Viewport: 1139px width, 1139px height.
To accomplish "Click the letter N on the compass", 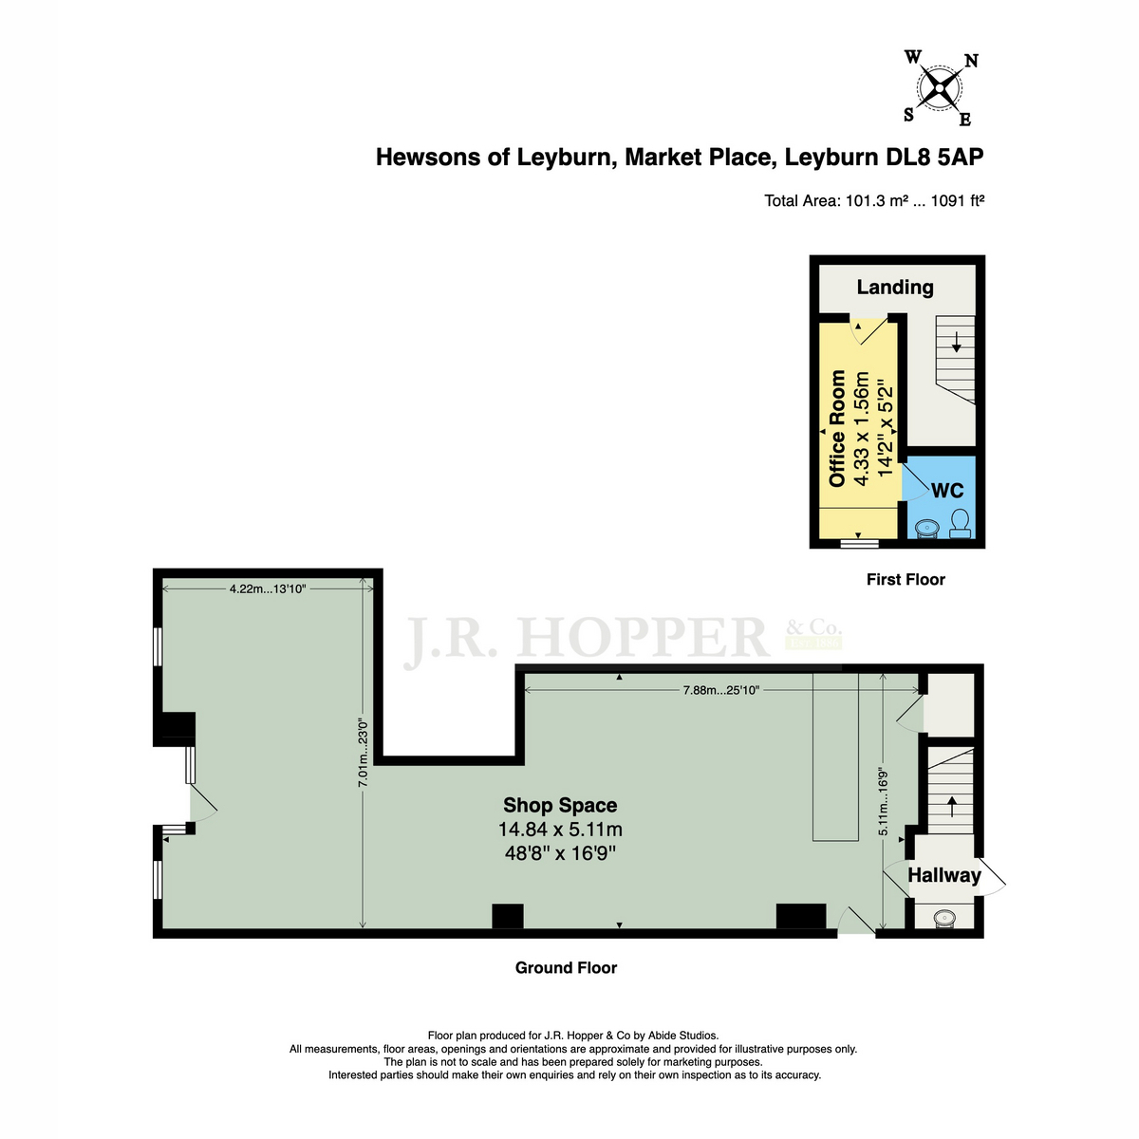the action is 971,61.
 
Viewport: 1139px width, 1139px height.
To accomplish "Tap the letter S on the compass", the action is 909,115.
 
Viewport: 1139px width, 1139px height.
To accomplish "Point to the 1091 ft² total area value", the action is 958,201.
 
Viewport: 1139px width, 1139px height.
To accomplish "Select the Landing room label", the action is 895,288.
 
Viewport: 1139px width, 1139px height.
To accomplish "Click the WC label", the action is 947,490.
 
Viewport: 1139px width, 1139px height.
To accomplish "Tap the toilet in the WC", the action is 960,524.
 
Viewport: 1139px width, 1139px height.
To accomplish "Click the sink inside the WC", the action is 925,528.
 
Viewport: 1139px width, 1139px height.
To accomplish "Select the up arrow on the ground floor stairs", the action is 952,806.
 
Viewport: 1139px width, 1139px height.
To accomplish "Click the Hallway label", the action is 943,875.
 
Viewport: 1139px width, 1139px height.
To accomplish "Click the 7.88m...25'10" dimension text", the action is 720,690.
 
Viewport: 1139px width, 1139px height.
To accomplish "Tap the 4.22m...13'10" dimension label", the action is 268,588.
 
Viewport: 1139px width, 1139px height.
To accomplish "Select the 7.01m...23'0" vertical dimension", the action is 363,752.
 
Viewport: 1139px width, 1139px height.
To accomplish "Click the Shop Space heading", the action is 560,805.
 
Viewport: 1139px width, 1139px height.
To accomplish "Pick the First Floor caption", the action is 906,579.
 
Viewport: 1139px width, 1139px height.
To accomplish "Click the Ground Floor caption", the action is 566,967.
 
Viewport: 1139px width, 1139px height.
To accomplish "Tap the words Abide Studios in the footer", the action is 683,1036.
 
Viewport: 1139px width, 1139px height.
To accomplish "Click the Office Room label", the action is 837,428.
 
